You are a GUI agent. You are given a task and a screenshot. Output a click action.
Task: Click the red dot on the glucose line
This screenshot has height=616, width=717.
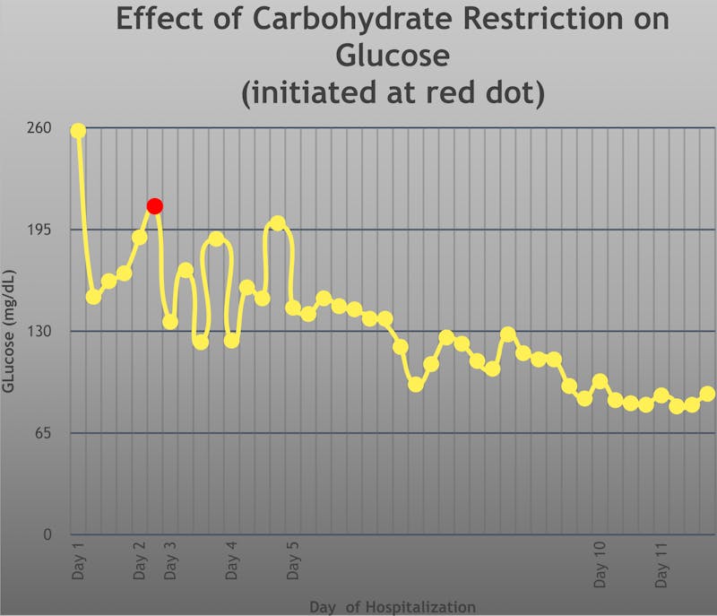154,206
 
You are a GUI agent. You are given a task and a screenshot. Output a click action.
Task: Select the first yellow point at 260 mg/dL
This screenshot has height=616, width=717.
78,131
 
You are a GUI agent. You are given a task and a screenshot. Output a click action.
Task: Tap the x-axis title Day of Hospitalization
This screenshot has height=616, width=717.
393,607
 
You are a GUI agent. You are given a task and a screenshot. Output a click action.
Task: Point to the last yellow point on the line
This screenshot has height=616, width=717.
707,395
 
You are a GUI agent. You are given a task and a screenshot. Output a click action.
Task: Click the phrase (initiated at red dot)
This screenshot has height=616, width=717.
393,92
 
